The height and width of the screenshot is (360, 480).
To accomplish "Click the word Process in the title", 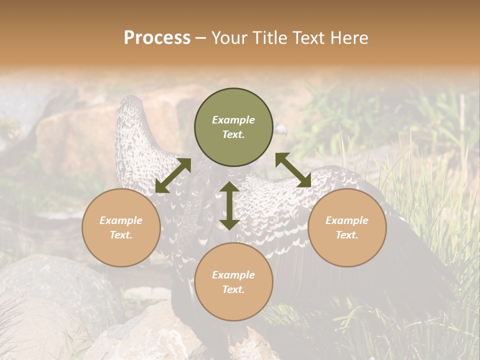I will (x=157, y=38).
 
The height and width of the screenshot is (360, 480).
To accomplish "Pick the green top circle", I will (x=233, y=127).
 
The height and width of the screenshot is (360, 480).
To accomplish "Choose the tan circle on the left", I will (x=121, y=227).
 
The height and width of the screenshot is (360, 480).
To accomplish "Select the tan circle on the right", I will (x=347, y=227).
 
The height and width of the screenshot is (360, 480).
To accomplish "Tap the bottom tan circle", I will (x=233, y=282).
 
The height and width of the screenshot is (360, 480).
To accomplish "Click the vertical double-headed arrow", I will (x=229, y=205).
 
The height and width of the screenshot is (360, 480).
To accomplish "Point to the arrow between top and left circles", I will (x=173, y=175).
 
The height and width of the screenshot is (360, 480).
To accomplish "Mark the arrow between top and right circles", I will (x=293, y=170).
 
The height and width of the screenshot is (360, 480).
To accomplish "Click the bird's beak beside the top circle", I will (x=281, y=129).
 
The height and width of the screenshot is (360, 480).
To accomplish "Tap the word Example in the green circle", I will (x=233, y=120).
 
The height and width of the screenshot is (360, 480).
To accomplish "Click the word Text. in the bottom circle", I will (x=233, y=289).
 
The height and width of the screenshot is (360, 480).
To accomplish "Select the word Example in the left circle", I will (x=121, y=220).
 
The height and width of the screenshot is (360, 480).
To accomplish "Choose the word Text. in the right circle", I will (x=347, y=235).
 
